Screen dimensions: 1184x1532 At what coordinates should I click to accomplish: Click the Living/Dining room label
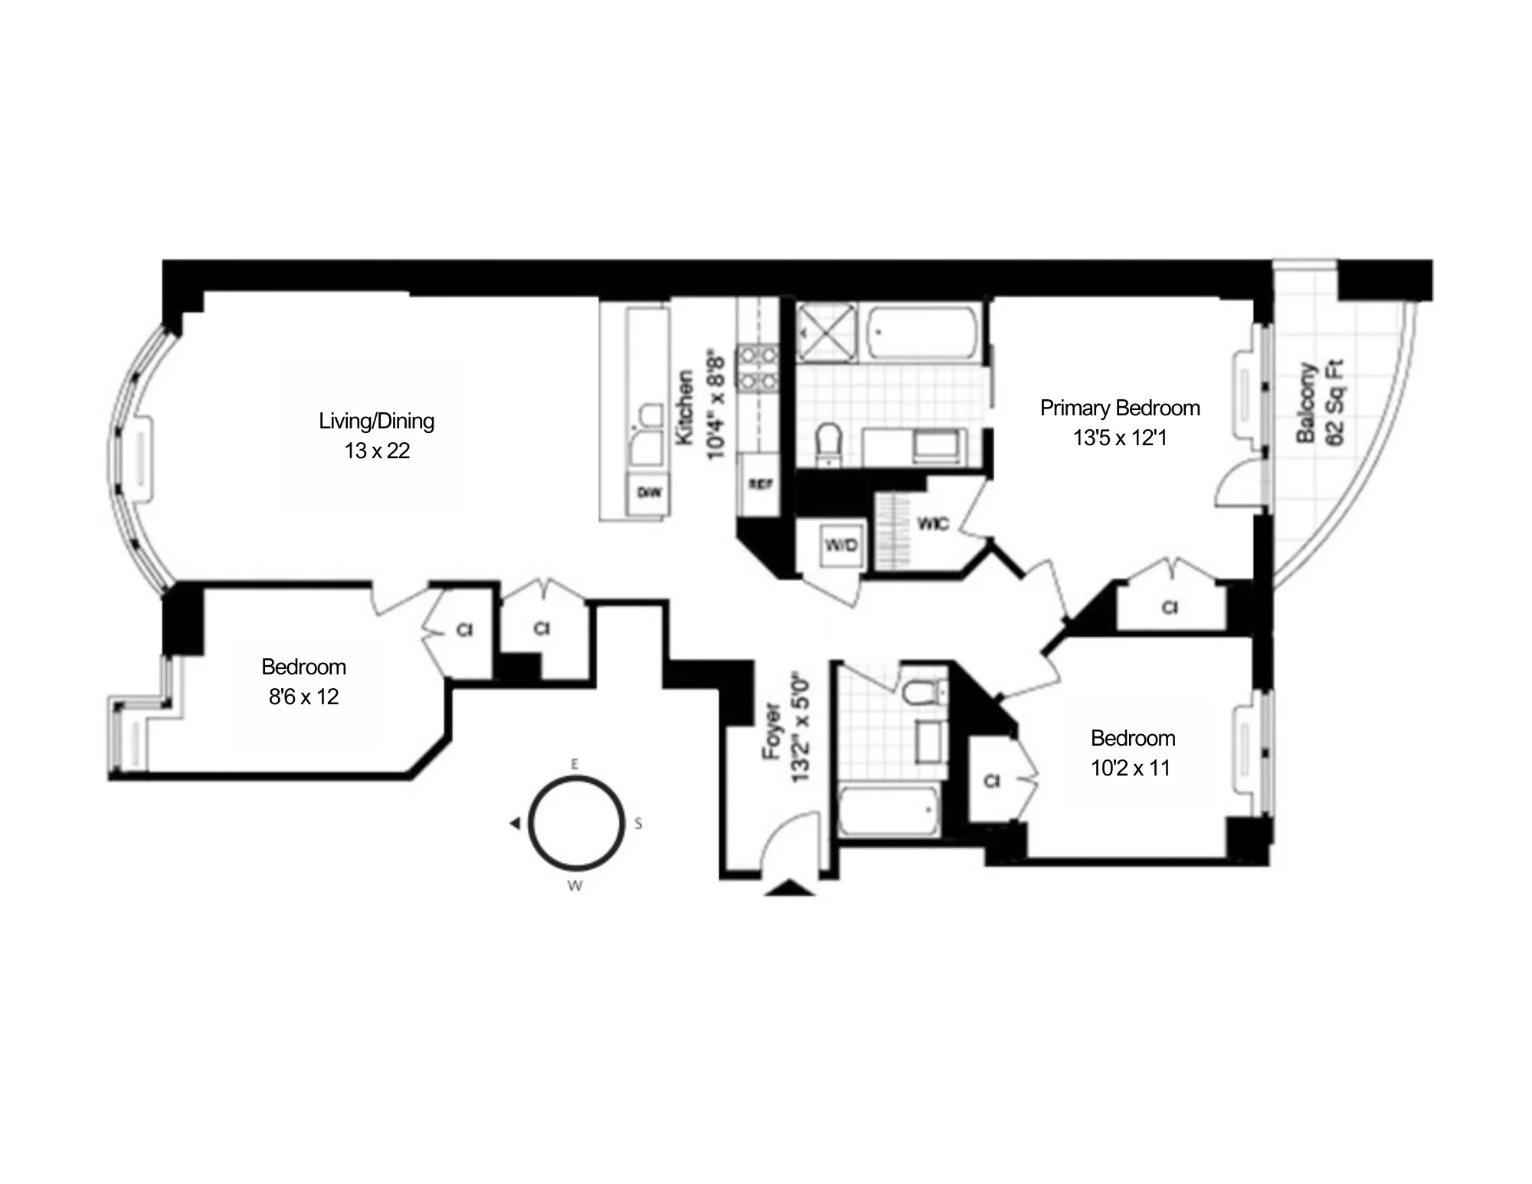(376, 421)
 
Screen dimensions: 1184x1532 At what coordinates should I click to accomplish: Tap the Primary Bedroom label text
(1119, 408)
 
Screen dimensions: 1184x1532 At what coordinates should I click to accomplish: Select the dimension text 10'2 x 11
(1131, 768)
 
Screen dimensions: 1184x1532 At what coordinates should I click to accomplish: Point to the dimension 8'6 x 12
(303, 697)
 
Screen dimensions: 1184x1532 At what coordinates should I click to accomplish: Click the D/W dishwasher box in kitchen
(649, 492)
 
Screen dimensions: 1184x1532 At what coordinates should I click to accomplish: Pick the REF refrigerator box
(760, 484)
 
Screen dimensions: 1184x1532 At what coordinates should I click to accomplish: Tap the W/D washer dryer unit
(841, 546)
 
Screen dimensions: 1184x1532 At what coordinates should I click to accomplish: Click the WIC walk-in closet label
(932, 524)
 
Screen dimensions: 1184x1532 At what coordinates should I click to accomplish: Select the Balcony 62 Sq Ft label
(1319, 403)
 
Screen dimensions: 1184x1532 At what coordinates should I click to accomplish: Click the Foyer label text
(771, 732)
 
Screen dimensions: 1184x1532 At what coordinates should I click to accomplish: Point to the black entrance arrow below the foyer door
(790, 888)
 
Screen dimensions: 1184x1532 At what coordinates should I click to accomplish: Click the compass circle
(576, 823)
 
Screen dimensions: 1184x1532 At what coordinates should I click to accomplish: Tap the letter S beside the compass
(638, 824)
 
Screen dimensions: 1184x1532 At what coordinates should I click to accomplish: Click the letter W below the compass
(574, 886)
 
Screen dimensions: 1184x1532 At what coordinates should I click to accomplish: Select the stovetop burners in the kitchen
(758, 368)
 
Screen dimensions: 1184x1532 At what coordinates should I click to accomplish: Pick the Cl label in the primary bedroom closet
(1170, 608)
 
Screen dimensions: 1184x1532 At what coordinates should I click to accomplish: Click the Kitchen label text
(684, 407)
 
